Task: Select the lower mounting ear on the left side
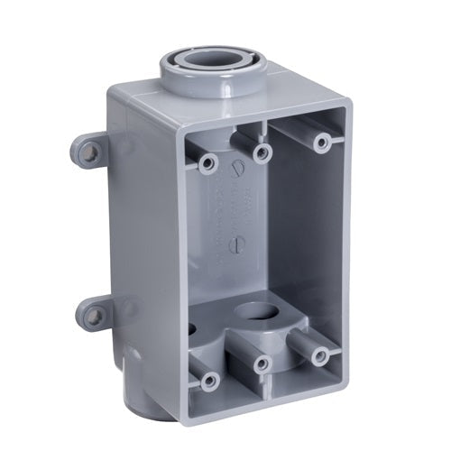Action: pos(92,315)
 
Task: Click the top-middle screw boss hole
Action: pos(262,151)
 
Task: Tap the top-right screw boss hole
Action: pos(319,142)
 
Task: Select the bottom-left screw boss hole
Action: pos(209,380)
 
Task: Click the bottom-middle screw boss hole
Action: pos(262,364)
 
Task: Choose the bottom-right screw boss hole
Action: pos(319,354)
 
